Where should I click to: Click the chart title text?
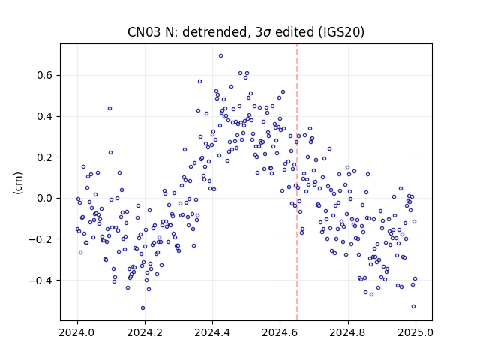click(x=246, y=32)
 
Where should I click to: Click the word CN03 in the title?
click(x=144, y=32)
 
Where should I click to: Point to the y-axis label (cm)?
click(x=18, y=183)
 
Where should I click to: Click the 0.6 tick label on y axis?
click(x=46, y=75)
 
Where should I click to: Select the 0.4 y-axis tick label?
click(x=46, y=116)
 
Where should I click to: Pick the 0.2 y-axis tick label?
click(x=46, y=157)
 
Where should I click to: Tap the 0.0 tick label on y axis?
click(x=46, y=198)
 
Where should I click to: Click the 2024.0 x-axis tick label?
click(x=77, y=332)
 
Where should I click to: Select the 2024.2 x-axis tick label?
click(x=145, y=332)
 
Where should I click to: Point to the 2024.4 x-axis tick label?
click(x=212, y=332)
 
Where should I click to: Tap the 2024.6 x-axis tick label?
click(x=280, y=332)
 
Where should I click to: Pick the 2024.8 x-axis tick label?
click(x=348, y=332)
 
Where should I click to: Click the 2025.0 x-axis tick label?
click(x=415, y=332)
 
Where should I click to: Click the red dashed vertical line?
click(x=297, y=182)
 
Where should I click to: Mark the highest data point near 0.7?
click(x=220, y=56)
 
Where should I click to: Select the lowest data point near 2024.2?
click(x=142, y=308)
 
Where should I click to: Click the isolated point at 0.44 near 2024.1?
click(x=110, y=108)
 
